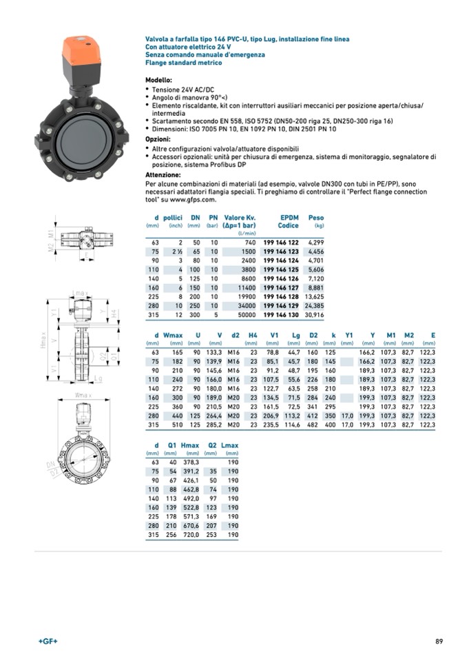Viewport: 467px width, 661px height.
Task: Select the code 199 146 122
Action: point(280,243)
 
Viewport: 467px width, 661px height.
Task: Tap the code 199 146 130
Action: point(280,314)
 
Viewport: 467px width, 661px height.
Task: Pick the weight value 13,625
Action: point(314,296)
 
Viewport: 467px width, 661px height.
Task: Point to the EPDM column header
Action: point(289,218)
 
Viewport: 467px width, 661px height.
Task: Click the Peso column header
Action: point(315,218)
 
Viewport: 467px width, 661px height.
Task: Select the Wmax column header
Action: point(173,335)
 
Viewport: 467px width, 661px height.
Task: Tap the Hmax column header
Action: point(190,445)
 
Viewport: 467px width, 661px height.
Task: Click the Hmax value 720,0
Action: point(190,535)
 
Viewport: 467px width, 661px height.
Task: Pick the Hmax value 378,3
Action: point(190,462)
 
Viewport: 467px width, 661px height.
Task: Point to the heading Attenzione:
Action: point(163,175)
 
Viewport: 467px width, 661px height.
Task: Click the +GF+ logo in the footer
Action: point(48,642)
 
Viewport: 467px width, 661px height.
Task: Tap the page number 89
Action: point(439,642)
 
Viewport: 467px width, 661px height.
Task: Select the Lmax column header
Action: point(229,445)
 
